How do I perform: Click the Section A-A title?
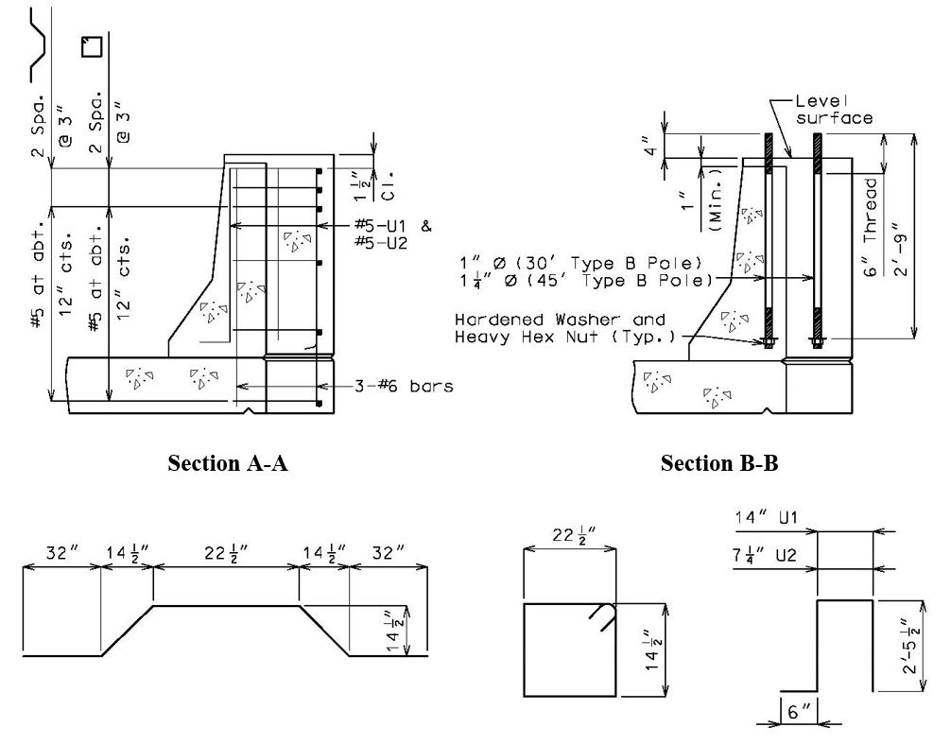228,463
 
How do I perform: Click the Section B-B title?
719,463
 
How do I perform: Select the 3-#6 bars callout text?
404,386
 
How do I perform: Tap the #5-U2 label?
381,243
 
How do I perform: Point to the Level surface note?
835,110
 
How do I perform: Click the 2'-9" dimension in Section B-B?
901,249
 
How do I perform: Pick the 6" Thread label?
871,227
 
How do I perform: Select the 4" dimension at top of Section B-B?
650,147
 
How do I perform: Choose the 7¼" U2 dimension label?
764,555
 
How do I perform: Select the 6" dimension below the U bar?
799,711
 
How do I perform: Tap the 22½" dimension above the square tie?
573,536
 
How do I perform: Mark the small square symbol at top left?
92,46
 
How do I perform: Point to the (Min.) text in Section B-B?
716,199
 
